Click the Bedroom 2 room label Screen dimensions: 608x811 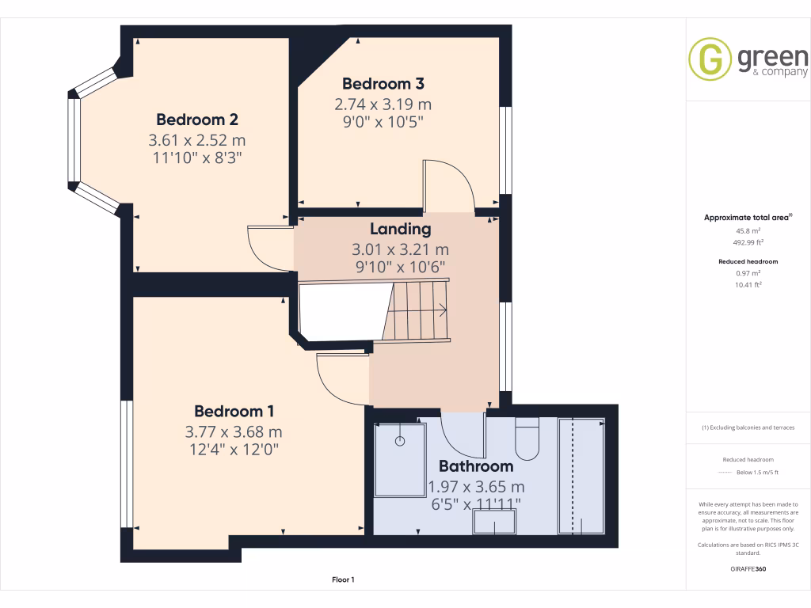[197, 120]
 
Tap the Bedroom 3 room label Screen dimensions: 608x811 [383, 83]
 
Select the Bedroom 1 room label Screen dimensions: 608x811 [234, 411]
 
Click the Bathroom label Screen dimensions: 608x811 [476, 465]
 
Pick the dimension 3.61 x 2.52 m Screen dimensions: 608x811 [197, 139]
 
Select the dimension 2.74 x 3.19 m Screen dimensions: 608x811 [383, 104]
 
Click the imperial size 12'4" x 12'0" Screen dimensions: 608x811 [234, 450]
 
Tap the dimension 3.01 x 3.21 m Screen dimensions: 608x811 [400, 249]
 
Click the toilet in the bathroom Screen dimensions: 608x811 [527, 435]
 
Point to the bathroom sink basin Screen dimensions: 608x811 [494, 522]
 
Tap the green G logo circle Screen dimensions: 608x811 [710, 59]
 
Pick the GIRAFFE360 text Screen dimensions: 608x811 [748, 568]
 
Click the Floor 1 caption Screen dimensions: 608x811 [343, 579]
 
